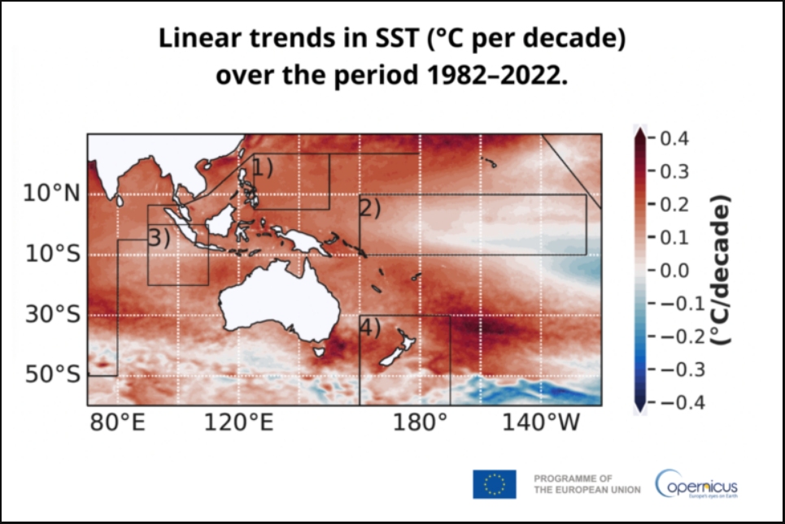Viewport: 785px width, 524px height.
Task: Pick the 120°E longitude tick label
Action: pyautogui.click(x=238, y=423)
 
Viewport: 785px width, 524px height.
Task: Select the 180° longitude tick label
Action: pyautogui.click(x=421, y=423)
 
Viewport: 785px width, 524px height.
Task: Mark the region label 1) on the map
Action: pyautogui.click(x=262, y=168)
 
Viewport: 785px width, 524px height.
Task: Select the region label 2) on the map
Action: pyautogui.click(x=370, y=207)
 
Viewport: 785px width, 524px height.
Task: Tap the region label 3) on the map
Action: pyautogui.click(x=159, y=238)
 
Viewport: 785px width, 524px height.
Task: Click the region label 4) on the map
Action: pyautogui.click(x=370, y=327)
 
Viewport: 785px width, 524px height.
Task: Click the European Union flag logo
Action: pyautogui.click(x=494, y=484)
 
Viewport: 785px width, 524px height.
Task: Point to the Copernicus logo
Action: pyautogui.click(x=697, y=484)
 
